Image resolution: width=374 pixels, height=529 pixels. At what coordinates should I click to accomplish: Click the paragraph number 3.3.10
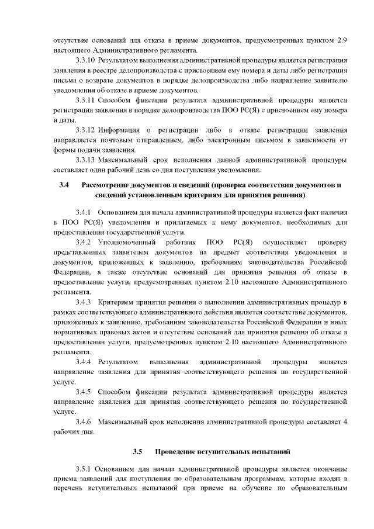[85, 60]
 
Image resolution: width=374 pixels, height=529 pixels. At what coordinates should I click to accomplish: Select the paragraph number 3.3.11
[85, 100]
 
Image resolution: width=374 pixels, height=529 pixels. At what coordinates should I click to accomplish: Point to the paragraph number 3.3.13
[85, 160]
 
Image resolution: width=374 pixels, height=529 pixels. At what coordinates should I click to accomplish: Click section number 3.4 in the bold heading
[64, 185]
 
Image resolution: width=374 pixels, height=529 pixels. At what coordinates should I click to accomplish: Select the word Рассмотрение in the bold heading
[106, 185]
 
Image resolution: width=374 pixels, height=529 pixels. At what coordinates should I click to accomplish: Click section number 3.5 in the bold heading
[137, 451]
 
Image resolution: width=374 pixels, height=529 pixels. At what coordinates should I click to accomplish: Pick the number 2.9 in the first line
[343, 40]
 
